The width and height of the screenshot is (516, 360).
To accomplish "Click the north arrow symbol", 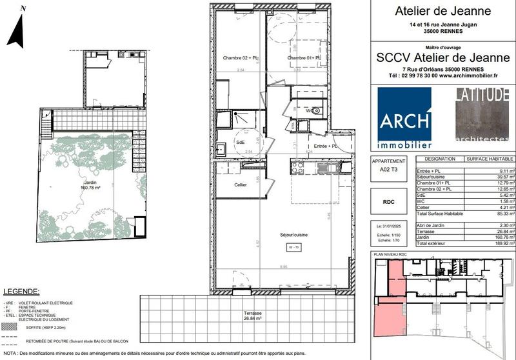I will (x=16, y=29).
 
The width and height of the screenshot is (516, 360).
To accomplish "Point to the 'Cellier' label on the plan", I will (x=228, y=185).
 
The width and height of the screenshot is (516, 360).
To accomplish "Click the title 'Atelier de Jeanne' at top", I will (x=442, y=11).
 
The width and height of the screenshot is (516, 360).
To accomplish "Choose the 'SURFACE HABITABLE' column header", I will (x=490, y=159).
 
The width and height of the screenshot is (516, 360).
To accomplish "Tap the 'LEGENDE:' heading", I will (x=22, y=292).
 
